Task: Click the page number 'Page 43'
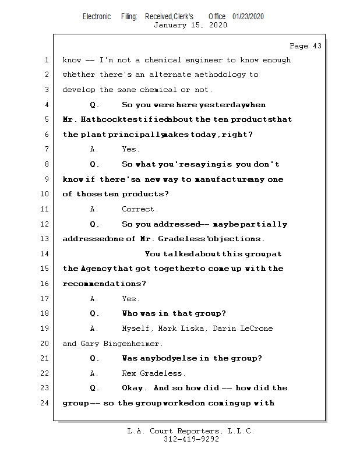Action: tap(305, 46)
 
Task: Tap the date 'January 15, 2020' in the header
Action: tap(190, 25)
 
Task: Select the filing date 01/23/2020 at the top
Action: tap(248, 16)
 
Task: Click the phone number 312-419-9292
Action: tap(191, 439)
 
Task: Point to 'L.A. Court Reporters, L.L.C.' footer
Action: tap(191, 431)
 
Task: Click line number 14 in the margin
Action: tap(46, 254)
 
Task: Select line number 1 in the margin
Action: tap(46, 60)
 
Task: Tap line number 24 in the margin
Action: tap(46, 403)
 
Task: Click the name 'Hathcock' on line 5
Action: tap(102, 120)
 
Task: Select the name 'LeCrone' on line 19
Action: tap(256, 329)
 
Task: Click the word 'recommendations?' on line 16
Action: tap(104, 284)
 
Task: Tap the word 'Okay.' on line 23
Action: tap(135, 388)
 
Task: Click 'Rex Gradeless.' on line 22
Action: tap(154, 373)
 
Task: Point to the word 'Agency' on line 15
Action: tap(96, 269)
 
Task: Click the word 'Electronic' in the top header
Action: tap(97, 16)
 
